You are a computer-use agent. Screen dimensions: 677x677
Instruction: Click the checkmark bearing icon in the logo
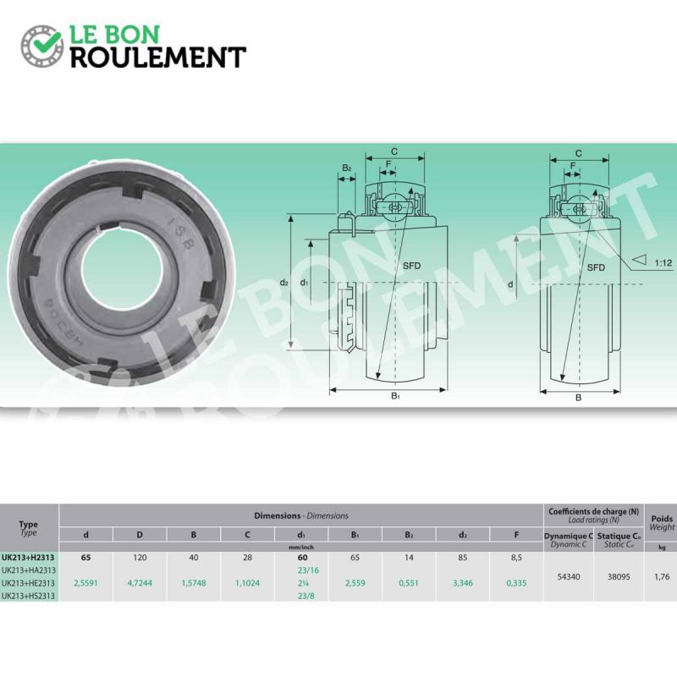41,46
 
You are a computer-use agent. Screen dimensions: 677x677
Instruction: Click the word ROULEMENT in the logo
157,57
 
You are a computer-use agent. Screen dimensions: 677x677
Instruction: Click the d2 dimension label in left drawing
284,282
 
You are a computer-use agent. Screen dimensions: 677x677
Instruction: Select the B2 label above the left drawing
347,168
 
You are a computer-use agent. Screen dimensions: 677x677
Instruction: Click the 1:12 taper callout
663,263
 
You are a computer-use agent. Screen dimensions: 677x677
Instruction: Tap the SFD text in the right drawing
596,267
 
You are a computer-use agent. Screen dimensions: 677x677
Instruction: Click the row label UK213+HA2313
29,570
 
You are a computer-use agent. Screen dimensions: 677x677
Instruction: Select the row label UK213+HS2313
29,595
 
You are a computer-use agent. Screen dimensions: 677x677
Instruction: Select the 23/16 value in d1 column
301,570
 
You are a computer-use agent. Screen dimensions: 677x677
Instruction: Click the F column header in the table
516,535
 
